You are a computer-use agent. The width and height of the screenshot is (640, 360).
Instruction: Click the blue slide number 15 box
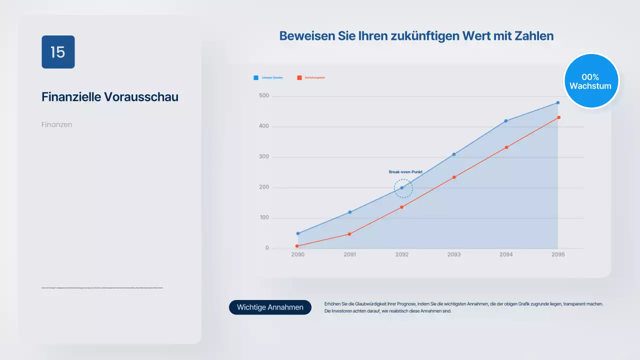point(58,52)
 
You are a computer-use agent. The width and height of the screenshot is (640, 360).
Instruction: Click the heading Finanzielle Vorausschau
point(109,97)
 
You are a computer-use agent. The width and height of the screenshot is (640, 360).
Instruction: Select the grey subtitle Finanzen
point(57,124)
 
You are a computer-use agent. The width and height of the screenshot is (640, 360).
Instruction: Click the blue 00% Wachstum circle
point(590,81)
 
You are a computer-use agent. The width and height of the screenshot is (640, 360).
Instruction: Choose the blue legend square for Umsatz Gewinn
point(256,77)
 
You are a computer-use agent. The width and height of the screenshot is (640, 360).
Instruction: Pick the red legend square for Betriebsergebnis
point(299,77)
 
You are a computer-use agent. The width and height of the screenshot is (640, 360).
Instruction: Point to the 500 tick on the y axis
point(263,96)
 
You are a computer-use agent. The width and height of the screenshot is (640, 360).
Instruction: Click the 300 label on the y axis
point(263,157)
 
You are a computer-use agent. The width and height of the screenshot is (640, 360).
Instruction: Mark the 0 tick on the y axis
point(267,248)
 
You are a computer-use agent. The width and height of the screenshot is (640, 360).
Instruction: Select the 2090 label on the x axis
point(297,254)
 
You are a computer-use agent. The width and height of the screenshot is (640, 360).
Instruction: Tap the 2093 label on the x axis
point(454,254)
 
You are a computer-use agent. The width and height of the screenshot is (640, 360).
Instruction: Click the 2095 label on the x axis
point(558,254)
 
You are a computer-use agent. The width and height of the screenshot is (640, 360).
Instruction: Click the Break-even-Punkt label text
point(405,172)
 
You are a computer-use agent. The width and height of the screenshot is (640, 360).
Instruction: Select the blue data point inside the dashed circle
point(401,188)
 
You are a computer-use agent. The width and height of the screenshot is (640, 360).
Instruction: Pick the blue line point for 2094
point(506,121)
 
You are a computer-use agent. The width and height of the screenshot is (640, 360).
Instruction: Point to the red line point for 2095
point(558,117)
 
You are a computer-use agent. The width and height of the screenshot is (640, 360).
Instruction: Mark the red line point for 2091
point(349,234)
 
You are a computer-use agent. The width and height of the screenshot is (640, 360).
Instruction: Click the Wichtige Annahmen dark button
point(270,307)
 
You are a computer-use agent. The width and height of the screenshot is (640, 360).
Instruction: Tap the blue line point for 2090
point(298,233)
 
